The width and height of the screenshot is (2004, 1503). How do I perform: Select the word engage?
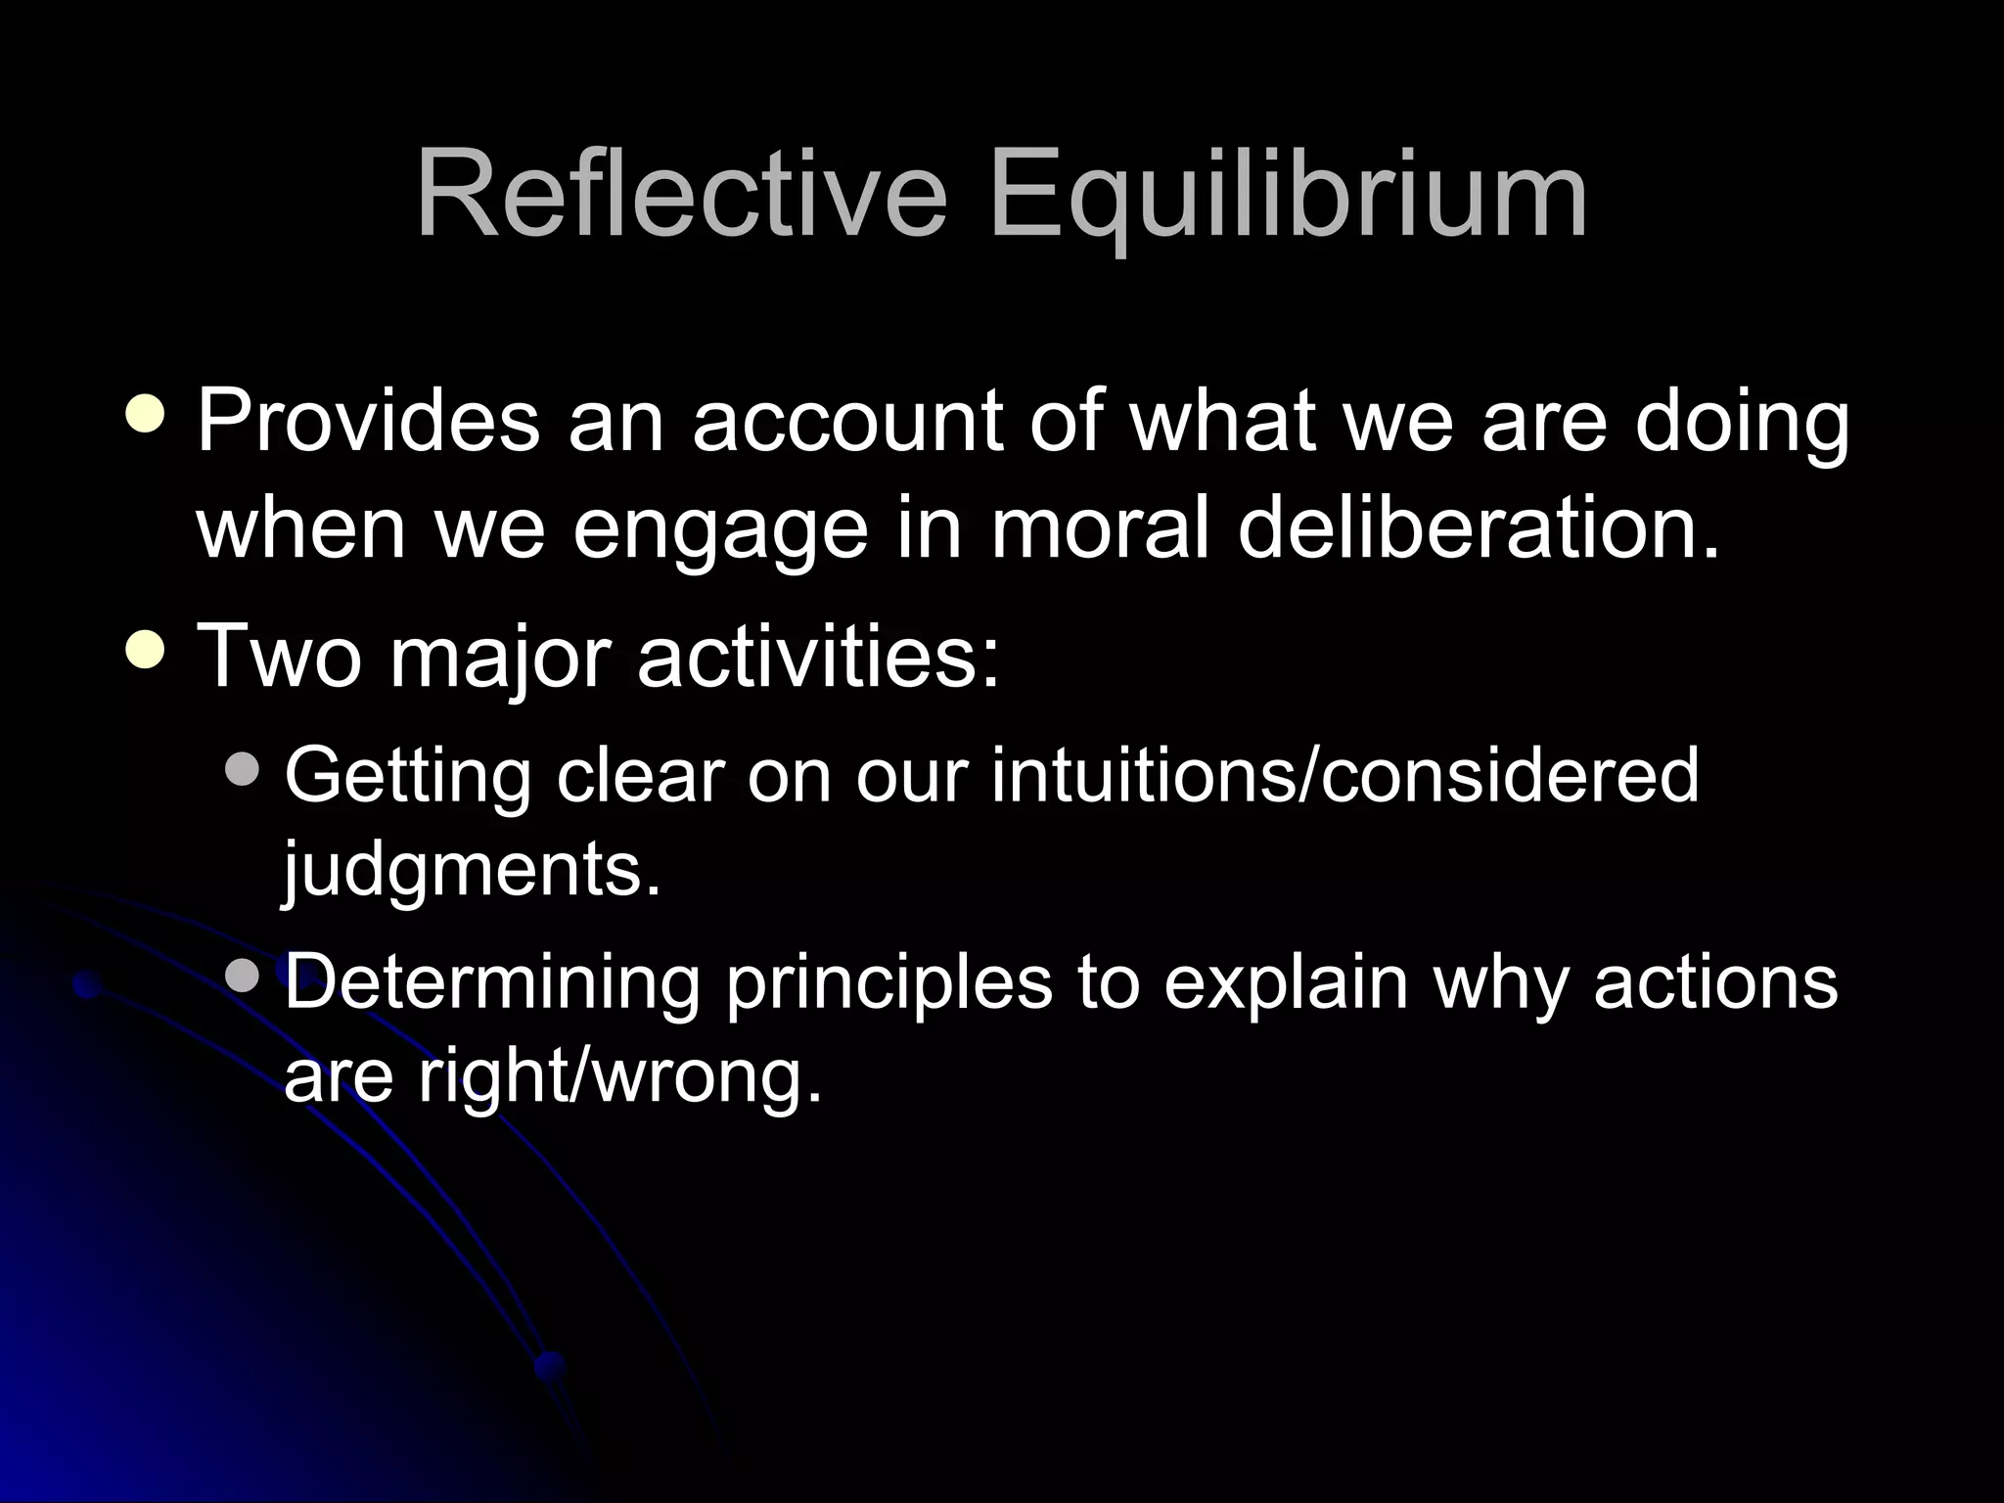[x=720, y=528]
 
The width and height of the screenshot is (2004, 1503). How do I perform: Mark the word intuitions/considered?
[x=1345, y=774]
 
